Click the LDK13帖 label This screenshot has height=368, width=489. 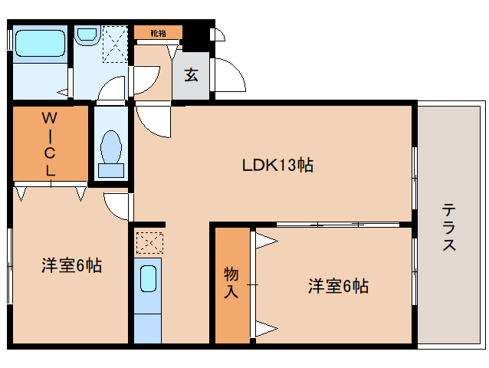click(x=277, y=164)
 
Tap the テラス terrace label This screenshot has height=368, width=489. click(x=449, y=227)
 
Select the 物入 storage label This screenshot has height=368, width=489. click(x=231, y=282)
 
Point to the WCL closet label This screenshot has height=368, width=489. click(x=50, y=144)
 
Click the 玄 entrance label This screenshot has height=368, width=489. click(x=191, y=74)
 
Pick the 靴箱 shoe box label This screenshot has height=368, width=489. click(x=158, y=33)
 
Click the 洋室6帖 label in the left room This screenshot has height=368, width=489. click(x=71, y=266)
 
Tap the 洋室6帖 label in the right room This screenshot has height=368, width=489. click(x=338, y=286)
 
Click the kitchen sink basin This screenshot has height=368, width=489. click(x=149, y=277)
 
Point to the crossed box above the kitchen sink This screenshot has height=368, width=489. click(x=149, y=242)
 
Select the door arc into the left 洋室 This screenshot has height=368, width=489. click(x=117, y=205)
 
